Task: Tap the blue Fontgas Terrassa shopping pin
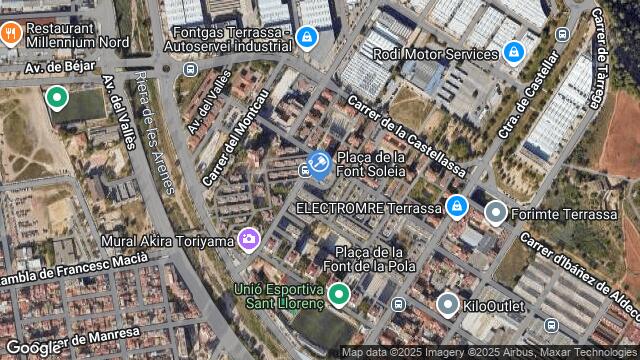coord(306,39)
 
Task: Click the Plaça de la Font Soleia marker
coord(319,163)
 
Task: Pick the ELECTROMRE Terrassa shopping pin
coord(456,207)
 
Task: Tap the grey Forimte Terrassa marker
coord(496,212)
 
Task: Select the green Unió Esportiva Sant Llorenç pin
coord(339,294)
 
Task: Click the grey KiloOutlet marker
coord(448,302)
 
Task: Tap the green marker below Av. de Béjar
coord(57,98)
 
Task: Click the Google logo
coord(33,347)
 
